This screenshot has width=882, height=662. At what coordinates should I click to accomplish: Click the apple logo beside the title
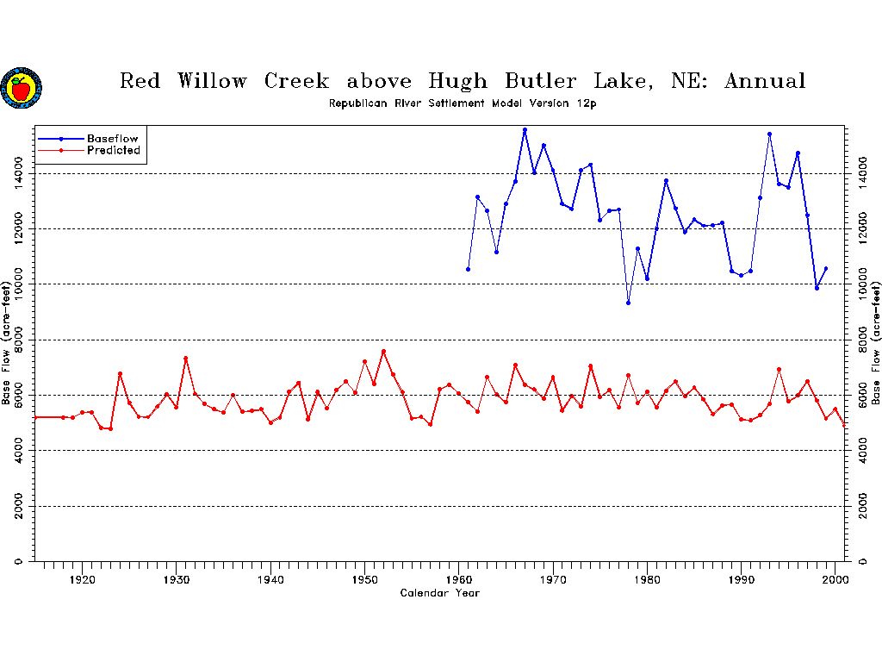(x=21, y=88)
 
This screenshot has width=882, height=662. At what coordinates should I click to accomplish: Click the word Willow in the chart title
(x=212, y=82)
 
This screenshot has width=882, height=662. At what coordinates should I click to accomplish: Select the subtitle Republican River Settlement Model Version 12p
(x=463, y=103)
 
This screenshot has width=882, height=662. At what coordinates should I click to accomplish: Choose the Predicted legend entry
(x=113, y=151)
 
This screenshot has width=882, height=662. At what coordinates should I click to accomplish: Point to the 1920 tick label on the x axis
(x=82, y=579)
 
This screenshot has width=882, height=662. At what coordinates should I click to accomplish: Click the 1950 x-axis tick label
(x=365, y=579)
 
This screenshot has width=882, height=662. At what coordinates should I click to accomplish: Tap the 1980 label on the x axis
(x=648, y=579)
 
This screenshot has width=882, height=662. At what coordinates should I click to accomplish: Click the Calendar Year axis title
(x=439, y=593)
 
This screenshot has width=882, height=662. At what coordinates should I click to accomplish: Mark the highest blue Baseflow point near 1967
(x=525, y=129)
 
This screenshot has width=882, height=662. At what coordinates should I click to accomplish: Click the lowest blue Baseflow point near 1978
(x=628, y=303)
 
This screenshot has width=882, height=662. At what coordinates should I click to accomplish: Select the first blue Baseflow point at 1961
(x=468, y=269)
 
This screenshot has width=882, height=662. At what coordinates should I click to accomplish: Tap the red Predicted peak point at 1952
(x=383, y=352)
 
